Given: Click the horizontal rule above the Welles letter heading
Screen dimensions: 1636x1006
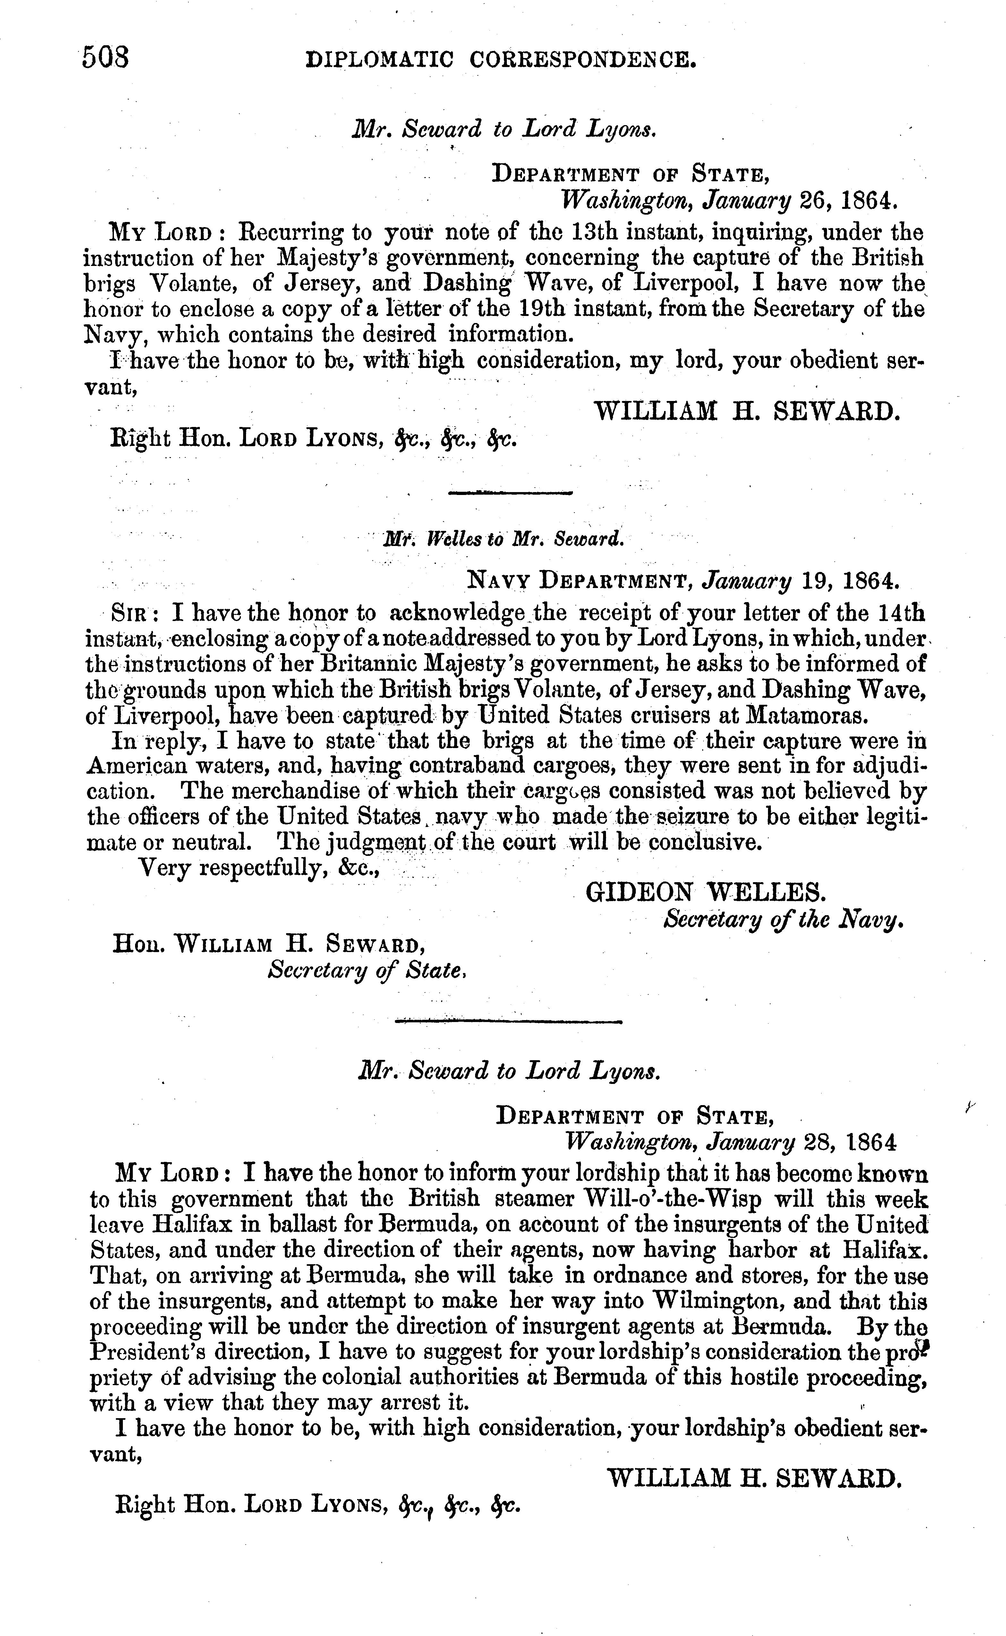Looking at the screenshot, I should (511, 493).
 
